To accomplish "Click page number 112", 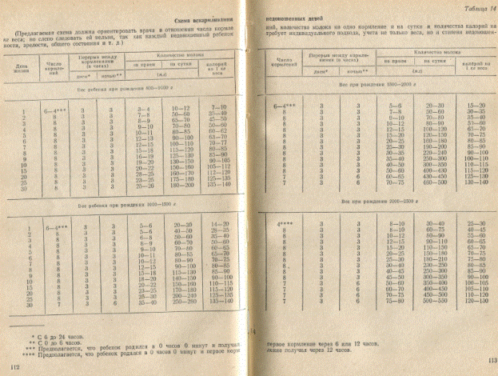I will tap(13, 366).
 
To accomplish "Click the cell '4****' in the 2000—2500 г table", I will tap(286, 222).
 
